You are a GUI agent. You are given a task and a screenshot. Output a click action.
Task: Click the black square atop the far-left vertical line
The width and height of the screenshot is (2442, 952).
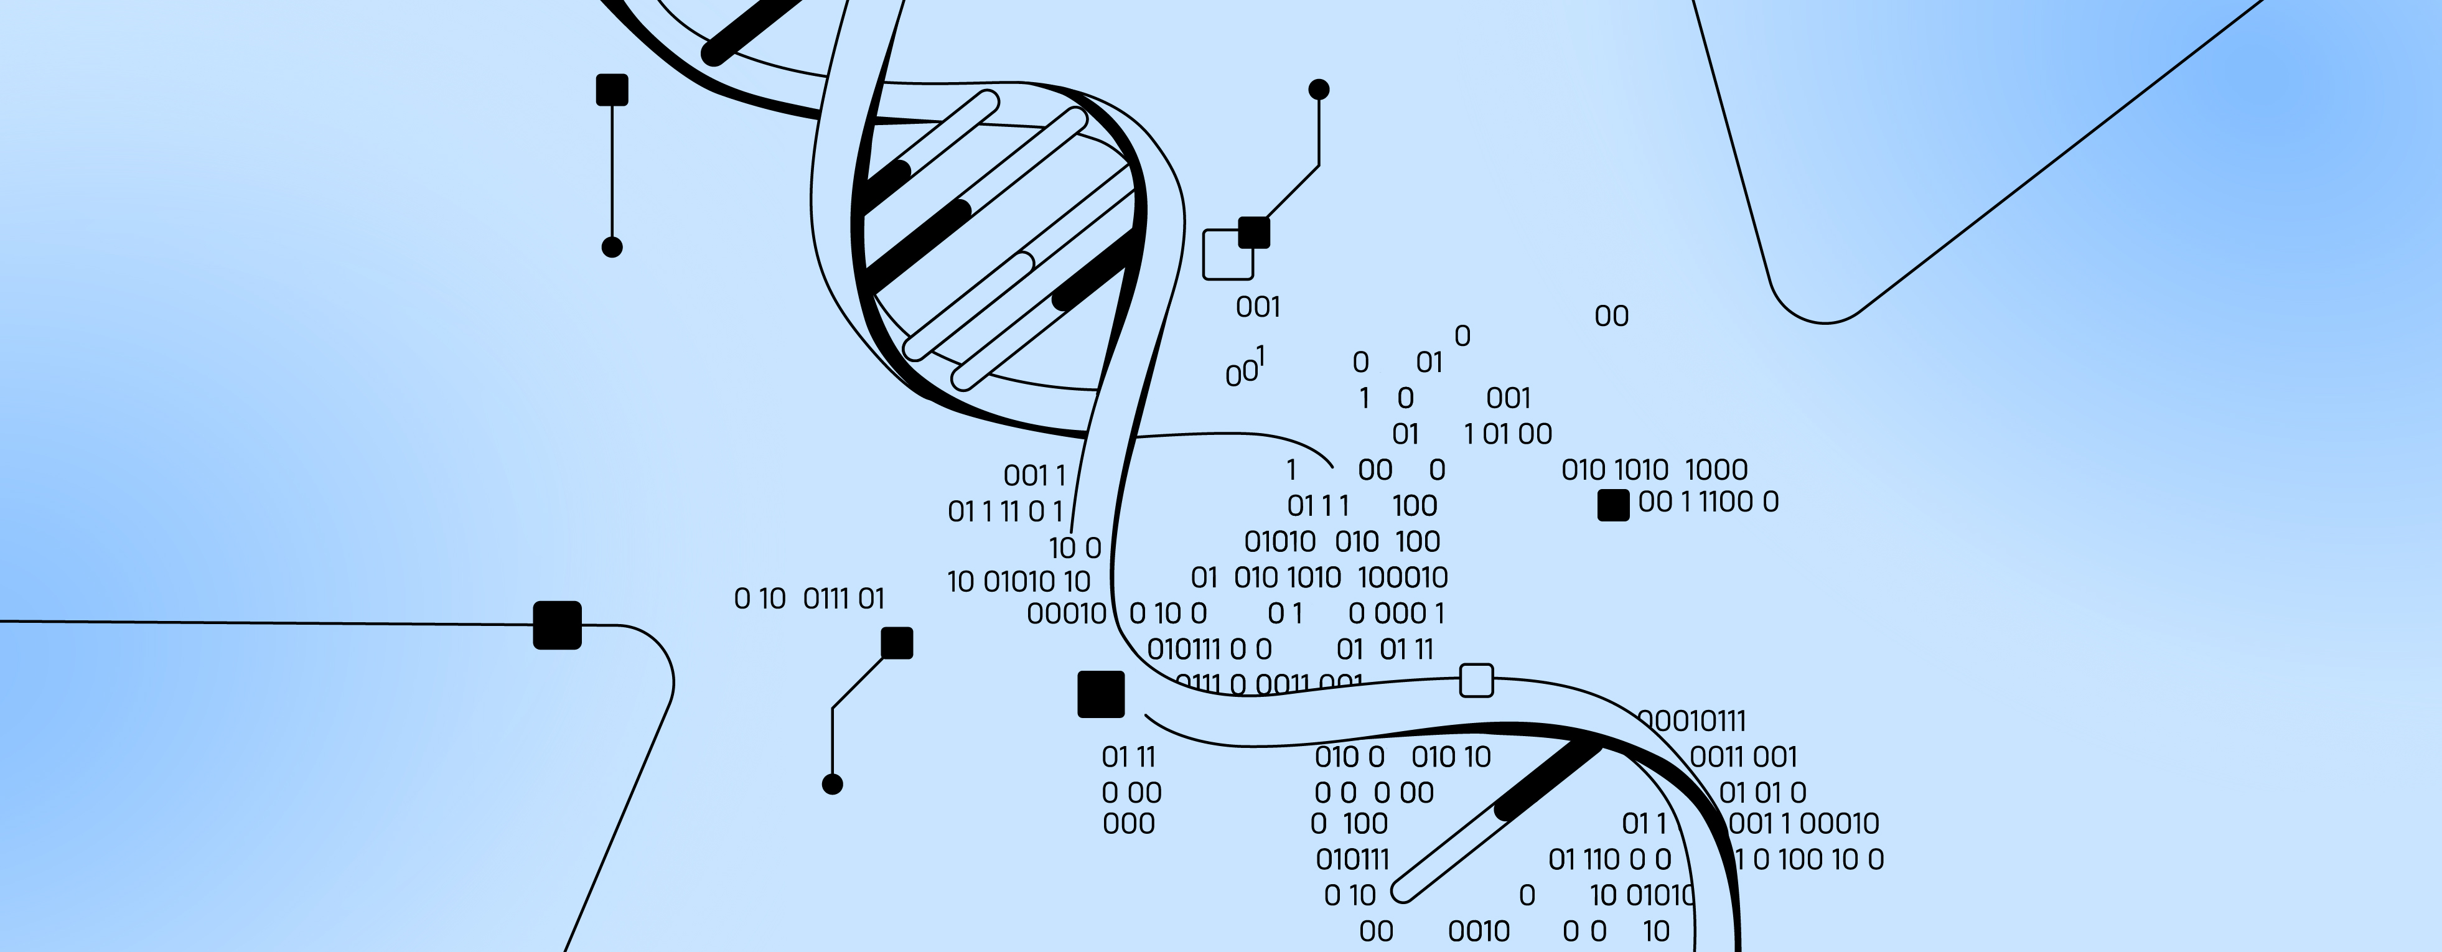coord(612,90)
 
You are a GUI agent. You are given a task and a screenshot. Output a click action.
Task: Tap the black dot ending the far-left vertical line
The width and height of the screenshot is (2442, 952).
coord(612,248)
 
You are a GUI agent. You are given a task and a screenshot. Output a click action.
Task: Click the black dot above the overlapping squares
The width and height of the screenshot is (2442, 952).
coord(1319,89)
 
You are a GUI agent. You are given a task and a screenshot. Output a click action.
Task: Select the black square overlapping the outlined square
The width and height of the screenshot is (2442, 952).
coord(1254,232)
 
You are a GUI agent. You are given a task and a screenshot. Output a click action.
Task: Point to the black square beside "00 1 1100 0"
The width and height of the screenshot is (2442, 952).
coord(1614,505)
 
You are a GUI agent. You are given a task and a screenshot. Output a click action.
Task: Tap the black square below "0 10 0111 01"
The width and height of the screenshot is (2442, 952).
coord(897,643)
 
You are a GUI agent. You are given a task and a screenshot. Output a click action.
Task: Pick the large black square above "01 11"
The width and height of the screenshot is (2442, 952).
coord(1101,694)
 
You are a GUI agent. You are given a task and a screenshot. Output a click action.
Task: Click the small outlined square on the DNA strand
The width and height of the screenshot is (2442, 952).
coord(1476,680)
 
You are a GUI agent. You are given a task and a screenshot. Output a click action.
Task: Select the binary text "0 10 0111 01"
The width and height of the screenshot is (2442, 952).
coord(810,599)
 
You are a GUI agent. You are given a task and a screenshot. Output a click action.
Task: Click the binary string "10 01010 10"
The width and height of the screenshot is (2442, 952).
coord(1019,581)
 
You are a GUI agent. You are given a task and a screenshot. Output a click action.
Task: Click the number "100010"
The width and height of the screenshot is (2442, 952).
coord(1403,577)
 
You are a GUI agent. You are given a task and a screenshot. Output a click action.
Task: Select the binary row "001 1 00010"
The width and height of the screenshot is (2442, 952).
coord(1804,823)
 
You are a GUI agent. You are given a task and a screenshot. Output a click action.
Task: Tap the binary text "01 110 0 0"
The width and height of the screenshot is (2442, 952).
coord(1610,860)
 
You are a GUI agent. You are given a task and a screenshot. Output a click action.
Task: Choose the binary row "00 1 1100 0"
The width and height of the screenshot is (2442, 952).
coord(1708,502)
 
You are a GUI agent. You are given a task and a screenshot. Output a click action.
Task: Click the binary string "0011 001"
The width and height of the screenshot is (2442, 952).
coord(1743,757)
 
